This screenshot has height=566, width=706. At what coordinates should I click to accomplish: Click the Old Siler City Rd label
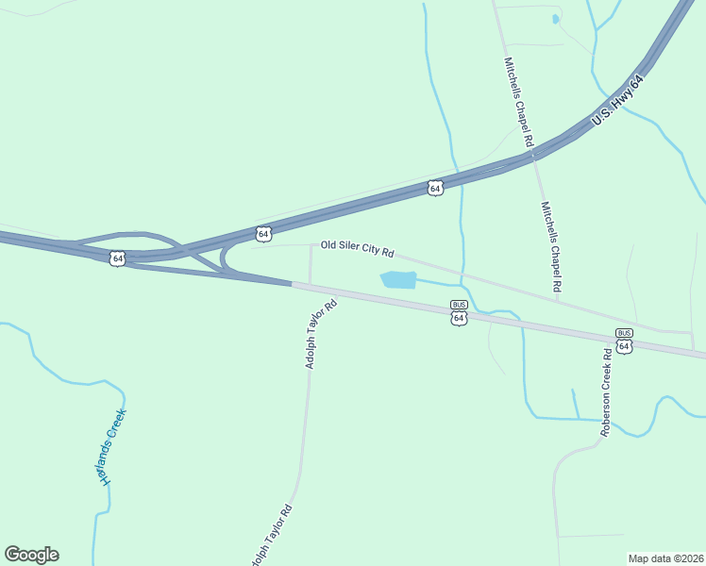357,249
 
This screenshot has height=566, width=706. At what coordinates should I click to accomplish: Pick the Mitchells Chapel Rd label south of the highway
551,247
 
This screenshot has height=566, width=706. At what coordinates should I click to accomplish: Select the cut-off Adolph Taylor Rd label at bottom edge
271,536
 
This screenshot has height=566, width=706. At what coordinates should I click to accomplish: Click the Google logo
31,555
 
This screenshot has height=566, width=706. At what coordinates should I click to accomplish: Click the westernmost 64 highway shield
117,258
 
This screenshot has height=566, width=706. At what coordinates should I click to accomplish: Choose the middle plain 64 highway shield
263,233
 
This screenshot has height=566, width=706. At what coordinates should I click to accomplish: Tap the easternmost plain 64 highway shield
434,188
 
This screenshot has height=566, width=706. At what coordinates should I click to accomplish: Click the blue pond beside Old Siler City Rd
397,280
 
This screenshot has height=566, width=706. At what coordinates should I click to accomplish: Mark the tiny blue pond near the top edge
555,18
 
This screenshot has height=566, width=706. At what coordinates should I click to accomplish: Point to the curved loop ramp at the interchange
227,257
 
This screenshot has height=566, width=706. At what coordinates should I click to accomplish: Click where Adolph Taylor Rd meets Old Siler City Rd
311,245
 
